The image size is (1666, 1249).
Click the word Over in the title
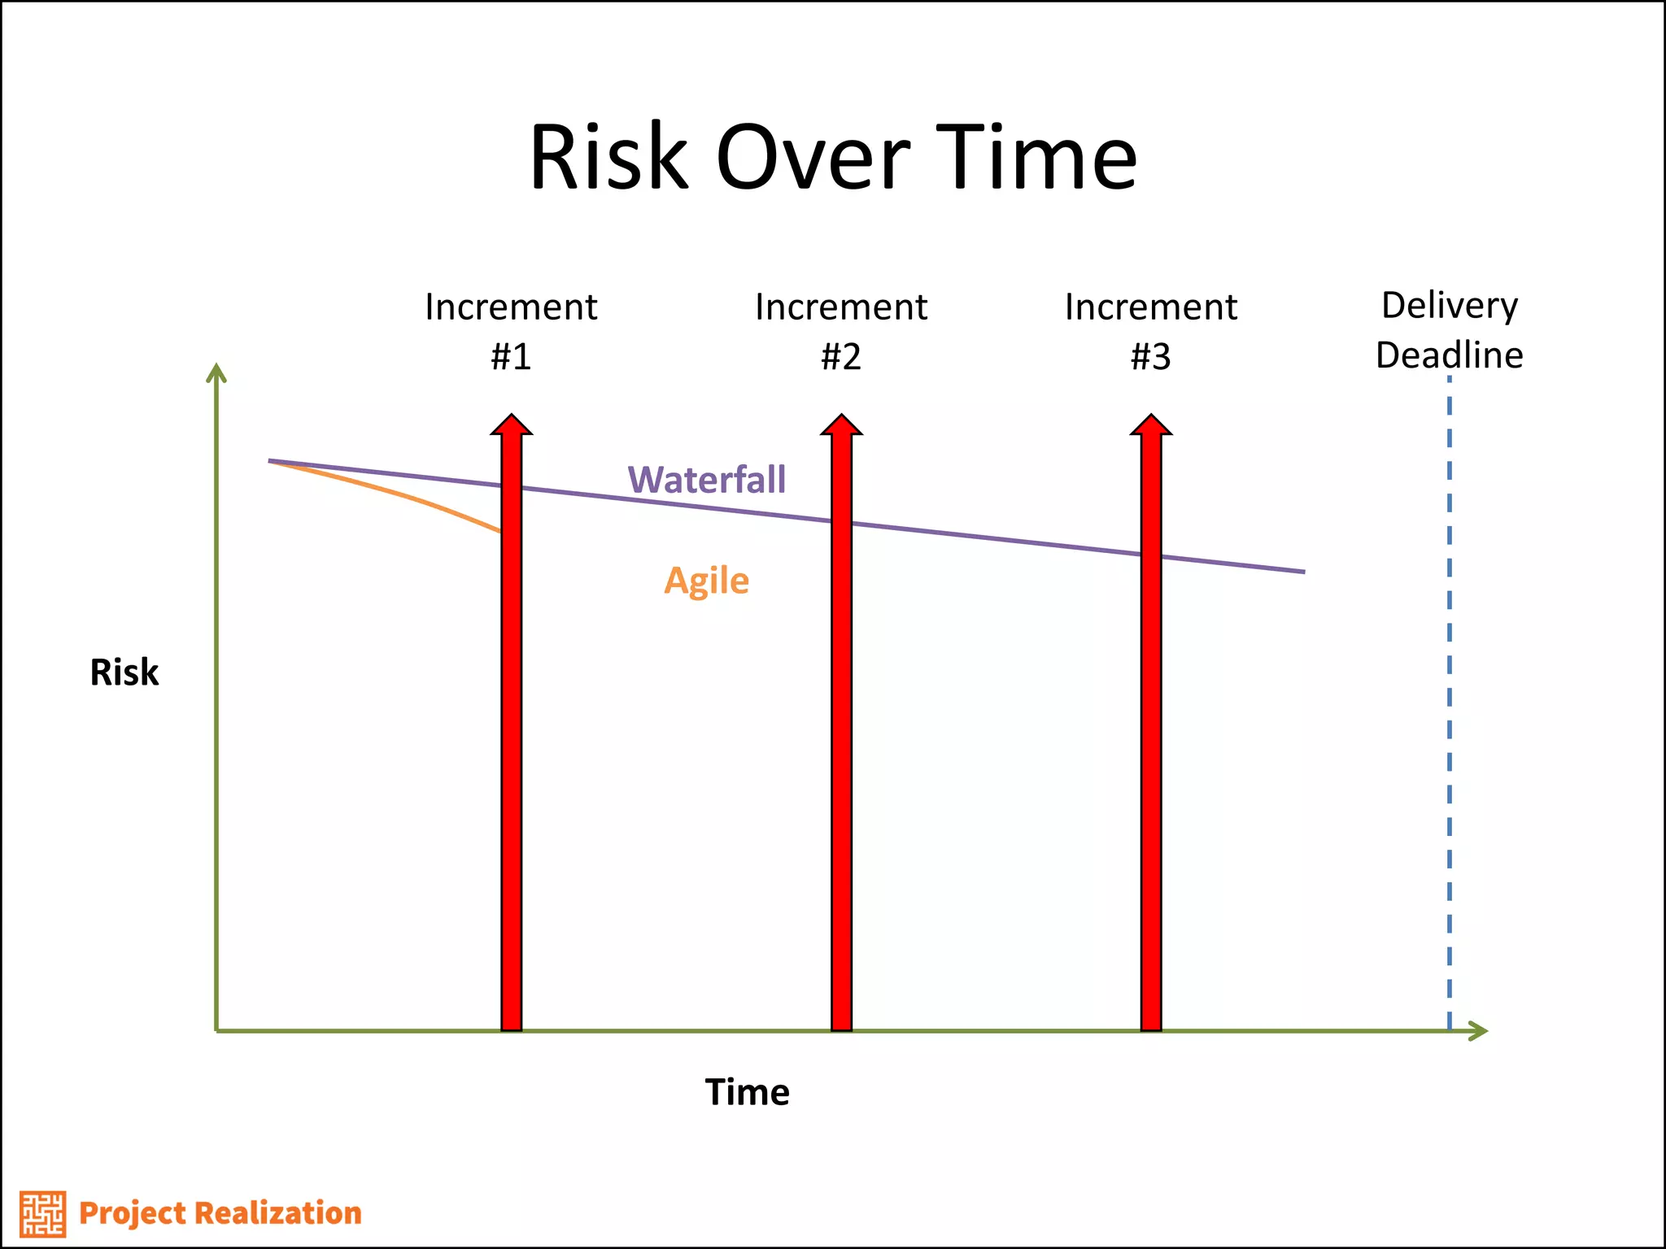[813, 158]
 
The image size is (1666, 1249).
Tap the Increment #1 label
[511, 331]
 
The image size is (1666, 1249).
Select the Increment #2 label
[841, 331]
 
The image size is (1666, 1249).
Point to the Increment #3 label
[1151, 331]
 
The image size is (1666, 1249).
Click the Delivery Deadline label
[1450, 329]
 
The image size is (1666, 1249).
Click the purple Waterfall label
[707, 480]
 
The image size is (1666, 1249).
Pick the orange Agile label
[706, 581]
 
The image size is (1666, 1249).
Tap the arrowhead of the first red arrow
[511, 424]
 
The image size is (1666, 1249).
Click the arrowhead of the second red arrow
[841, 424]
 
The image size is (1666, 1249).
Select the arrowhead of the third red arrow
[1151, 424]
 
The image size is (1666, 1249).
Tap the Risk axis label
[124, 672]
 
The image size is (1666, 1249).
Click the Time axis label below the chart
[747, 1092]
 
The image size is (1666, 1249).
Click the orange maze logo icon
[42, 1214]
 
